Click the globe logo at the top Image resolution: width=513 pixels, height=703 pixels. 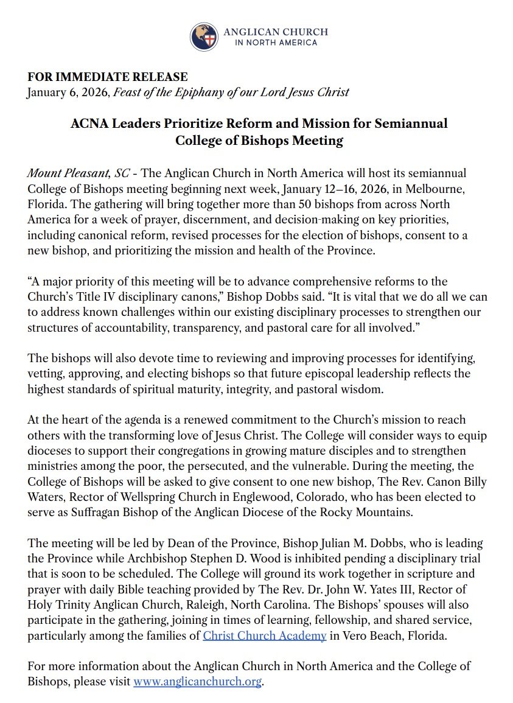pyautogui.click(x=204, y=37)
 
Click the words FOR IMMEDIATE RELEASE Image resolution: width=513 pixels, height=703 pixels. pyautogui.click(x=108, y=77)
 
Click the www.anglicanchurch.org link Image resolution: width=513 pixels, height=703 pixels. pyautogui.click(x=197, y=682)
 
